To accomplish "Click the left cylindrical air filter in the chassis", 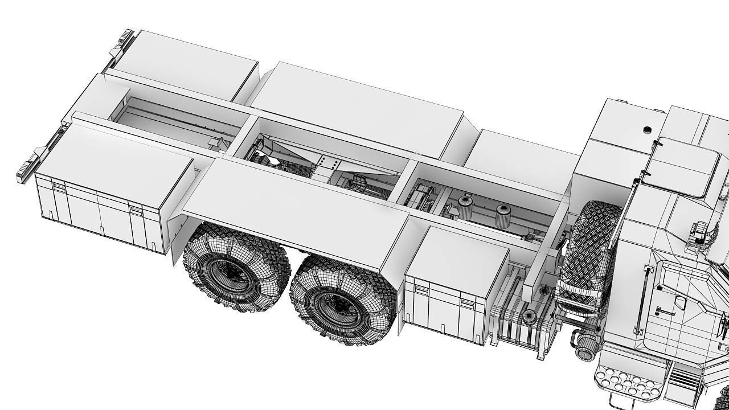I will point(465,207).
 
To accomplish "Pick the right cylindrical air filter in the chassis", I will point(503,216).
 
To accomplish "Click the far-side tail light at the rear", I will point(123,40).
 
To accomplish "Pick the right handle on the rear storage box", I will point(136,209).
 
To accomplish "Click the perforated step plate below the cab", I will point(626,382).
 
